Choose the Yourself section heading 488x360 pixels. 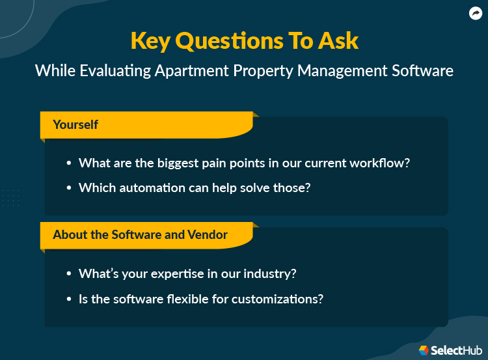75,124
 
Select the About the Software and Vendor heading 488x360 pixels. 140,234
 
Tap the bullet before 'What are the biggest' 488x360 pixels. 69,164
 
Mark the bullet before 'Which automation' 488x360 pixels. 69,188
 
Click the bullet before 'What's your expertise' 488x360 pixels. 69,274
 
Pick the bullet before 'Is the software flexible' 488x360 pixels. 69,299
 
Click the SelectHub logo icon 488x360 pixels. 424,350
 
